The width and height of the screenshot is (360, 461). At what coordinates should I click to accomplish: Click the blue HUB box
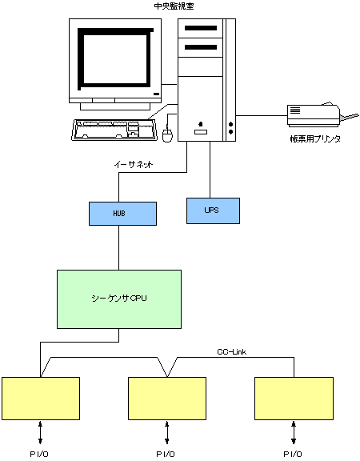[x=122, y=214]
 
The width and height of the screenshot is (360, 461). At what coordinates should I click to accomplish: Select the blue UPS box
[x=213, y=210]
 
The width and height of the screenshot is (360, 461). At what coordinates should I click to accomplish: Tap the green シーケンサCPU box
[x=119, y=299]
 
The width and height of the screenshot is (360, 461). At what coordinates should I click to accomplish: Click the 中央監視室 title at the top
[x=174, y=6]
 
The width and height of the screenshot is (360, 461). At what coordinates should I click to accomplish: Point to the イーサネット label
[x=134, y=165]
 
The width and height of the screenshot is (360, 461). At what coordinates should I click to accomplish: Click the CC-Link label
[x=231, y=352]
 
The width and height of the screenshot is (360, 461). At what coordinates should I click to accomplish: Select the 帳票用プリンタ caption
[x=315, y=138]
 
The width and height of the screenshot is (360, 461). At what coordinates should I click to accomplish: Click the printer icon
[x=322, y=115]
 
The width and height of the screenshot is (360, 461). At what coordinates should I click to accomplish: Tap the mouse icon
[x=167, y=135]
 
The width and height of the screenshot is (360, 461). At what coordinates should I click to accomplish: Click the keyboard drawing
[x=114, y=130]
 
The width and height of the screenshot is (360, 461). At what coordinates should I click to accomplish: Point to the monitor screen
[x=115, y=58]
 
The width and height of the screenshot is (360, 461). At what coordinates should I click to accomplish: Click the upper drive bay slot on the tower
[x=201, y=28]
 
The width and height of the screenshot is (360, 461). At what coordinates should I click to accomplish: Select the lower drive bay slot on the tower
[x=201, y=47]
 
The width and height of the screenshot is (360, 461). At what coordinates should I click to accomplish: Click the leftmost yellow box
[x=41, y=399]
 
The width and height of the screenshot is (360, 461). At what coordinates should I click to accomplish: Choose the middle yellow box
[x=167, y=399]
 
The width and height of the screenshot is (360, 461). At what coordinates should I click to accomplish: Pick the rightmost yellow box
[x=294, y=399]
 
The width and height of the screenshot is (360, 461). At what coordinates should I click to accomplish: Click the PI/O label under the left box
[x=39, y=455]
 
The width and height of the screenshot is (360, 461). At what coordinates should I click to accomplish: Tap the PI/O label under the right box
[x=293, y=455]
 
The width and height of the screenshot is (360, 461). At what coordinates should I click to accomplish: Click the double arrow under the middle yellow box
[x=167, y=433]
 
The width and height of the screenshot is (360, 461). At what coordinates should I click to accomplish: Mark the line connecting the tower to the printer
[x=262, y=115]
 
